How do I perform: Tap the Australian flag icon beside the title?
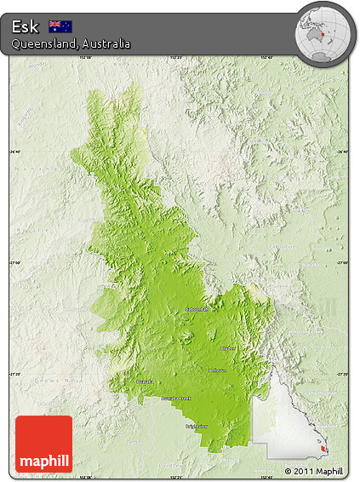(x=60, y=26)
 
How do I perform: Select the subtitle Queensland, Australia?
(x=71, y=43)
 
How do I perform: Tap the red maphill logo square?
(x=44, y=444)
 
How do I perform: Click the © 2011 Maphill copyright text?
(x=314, y=471)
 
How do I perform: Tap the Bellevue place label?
(x=218, y=370)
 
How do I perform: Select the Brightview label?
(x=197, y=426)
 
